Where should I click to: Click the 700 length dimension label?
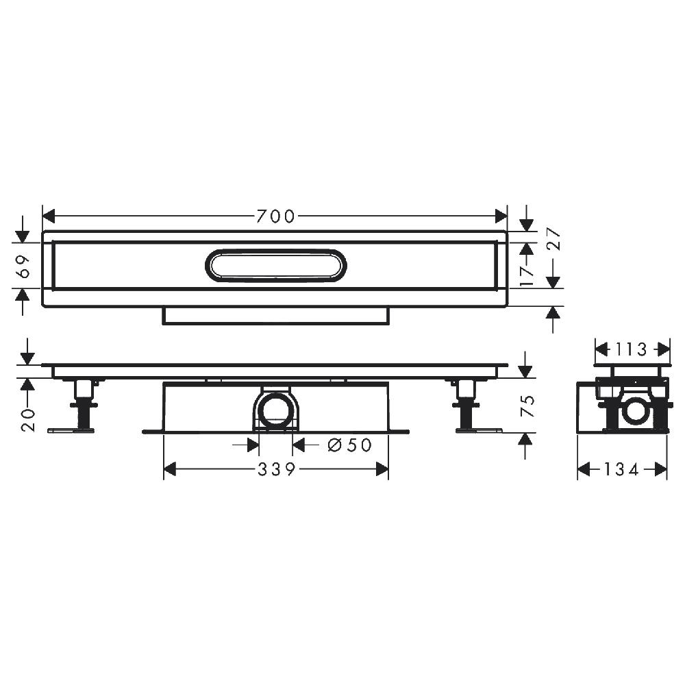click(x=275, y=216)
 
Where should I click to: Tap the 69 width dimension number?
click(x=24, y=266)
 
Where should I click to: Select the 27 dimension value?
click(x=553, y=238)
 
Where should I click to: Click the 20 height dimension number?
click(x=27, y=421)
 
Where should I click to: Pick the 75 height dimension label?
click(x=527, y=406)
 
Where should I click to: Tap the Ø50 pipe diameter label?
click(x=349, y=445)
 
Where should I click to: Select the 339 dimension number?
click(x=277, y=469)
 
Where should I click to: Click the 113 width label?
click(x=632, y=349)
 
